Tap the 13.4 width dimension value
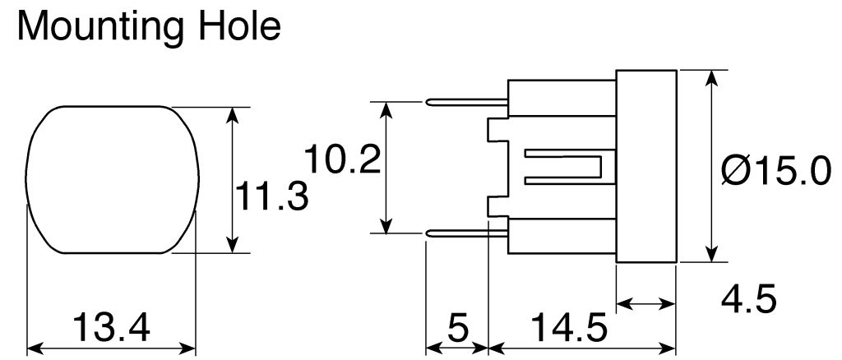(x=112, y=327)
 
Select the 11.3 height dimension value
(x=272, y=197)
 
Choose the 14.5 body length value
(x=568, y=328)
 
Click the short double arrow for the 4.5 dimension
(x=645, y=304)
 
